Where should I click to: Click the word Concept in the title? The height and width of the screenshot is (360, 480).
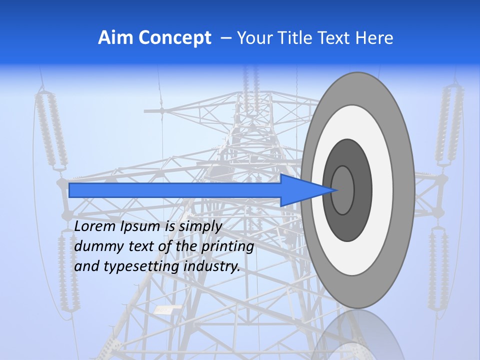(x=174, y=38)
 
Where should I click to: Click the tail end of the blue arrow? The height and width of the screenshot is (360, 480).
(x=71, y=190)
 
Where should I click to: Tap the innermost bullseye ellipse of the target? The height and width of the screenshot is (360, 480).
(x=343, y=190)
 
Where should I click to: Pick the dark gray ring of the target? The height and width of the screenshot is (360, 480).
(x=362, y=190)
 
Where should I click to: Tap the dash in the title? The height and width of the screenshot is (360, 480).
(x=225, y=38)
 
